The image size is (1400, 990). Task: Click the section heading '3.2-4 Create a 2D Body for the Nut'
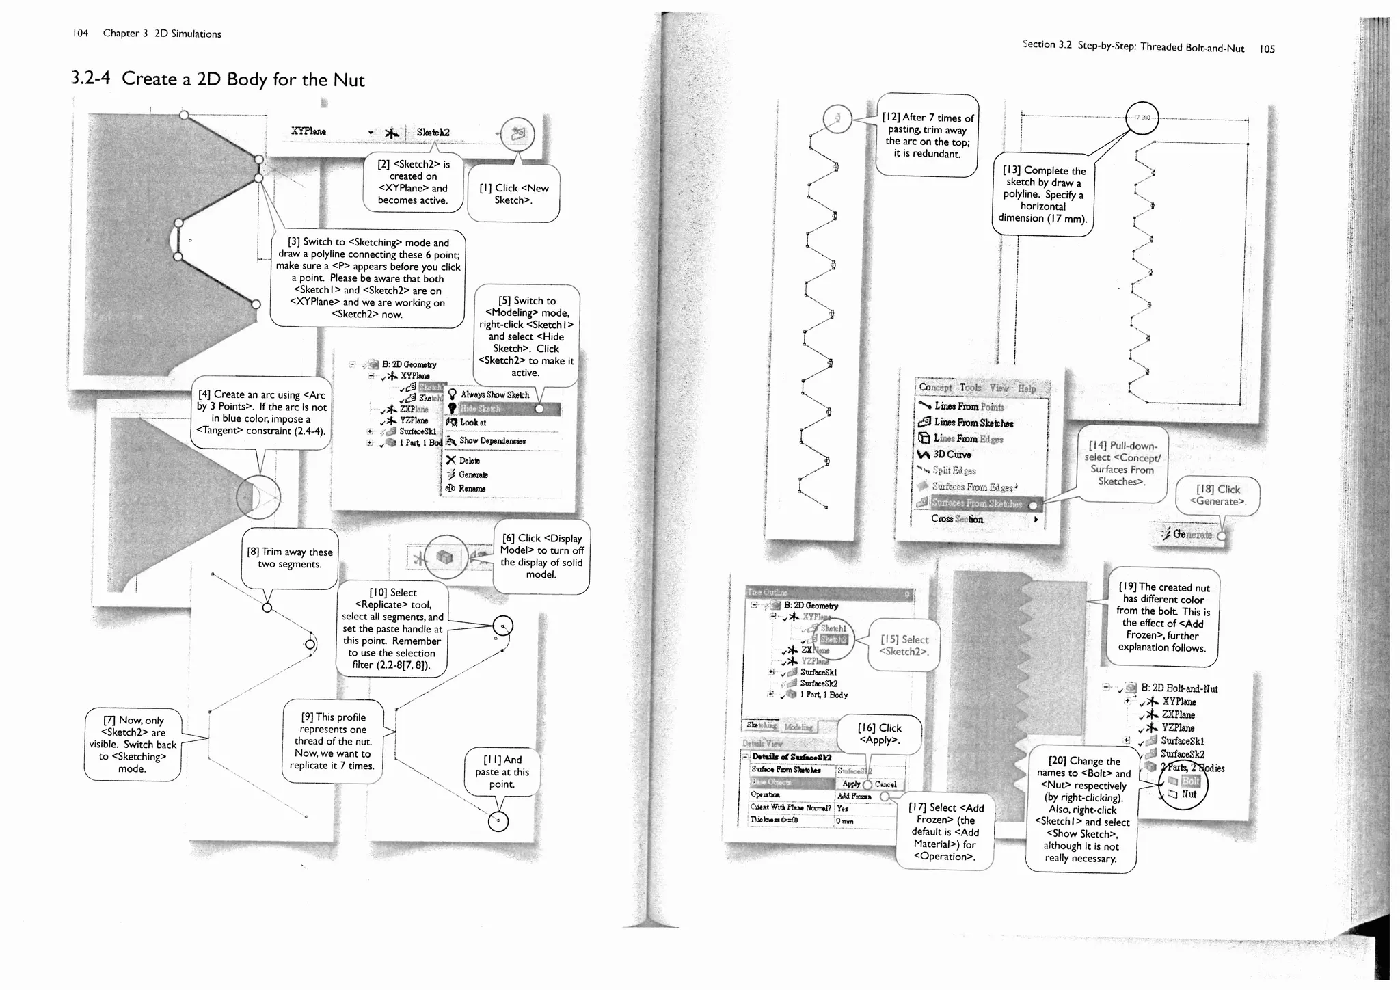pos(219,79)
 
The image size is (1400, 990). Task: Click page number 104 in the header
pos(81,33)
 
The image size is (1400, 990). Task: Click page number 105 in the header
pos(1267,49)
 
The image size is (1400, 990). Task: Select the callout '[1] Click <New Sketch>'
pos(514,193)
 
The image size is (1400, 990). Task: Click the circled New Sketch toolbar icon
pos(517,133)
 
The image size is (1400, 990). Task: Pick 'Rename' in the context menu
pos(472,488)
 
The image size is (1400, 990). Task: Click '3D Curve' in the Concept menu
pos(952,455)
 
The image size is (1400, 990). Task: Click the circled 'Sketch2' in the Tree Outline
pos(833,639)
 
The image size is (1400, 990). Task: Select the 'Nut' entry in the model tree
pos(1189,794)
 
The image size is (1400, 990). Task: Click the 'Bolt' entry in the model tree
pos(1190,781)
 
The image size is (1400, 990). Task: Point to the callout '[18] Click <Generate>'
pos(1217,495)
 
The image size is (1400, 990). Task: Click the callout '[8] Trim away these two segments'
pos(289,558)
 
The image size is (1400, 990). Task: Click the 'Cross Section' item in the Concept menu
pos(957,519)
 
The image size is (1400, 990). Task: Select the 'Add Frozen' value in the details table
pos(854,796)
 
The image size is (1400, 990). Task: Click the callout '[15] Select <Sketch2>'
pos(904,645)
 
